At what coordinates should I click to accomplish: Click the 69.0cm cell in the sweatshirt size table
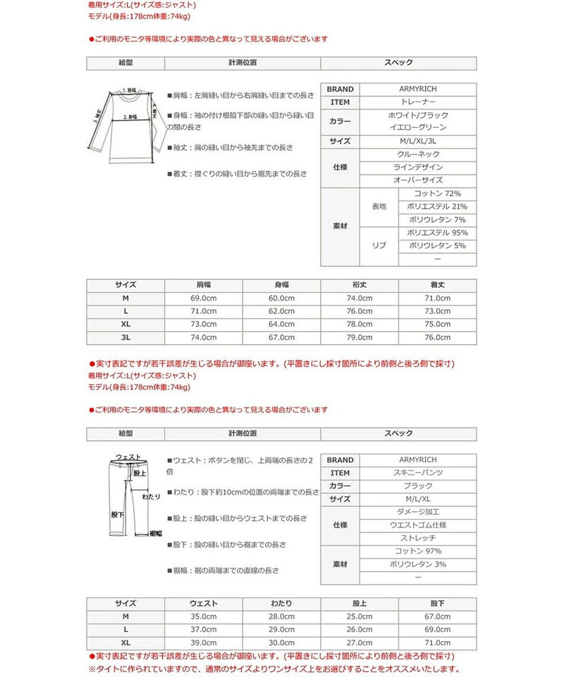[203, 298]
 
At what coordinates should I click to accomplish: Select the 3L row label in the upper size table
[125, 338]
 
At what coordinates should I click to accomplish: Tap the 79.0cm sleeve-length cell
[359, 338]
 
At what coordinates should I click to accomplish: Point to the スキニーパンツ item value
[418, 473]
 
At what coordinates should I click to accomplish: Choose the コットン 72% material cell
[437, 193]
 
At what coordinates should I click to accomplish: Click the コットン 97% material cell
[418, 551]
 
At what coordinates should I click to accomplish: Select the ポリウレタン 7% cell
[437, 219]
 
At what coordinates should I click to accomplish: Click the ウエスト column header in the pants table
[203, 604]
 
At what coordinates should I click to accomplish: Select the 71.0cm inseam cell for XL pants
[437, 643]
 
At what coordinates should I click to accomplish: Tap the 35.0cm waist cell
[203, 616]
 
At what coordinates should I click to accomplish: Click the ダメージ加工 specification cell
[418, 512]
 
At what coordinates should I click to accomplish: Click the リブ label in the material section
[379, 245]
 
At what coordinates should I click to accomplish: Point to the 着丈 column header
[437, 285]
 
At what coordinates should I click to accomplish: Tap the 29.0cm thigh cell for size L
[281, 630]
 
